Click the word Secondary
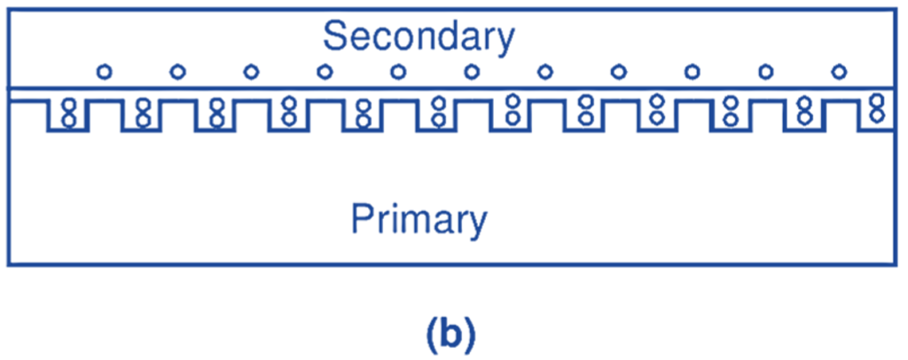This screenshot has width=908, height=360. pos(419,38)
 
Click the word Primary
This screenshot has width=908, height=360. pos(419,219)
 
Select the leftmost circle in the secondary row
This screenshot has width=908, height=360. pos(104,71)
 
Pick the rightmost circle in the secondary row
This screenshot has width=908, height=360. pos(839,71)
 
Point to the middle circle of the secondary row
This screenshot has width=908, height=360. pos(472,71)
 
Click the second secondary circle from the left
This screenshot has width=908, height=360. pos(177,71)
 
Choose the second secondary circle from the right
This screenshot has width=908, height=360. pos(765,71)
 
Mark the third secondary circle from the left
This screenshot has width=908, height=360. pos(251,71)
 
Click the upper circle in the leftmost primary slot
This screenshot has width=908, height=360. pos(67,106)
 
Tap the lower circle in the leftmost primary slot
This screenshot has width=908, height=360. pos(67,118)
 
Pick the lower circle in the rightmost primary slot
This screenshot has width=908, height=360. pos(877,113)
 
